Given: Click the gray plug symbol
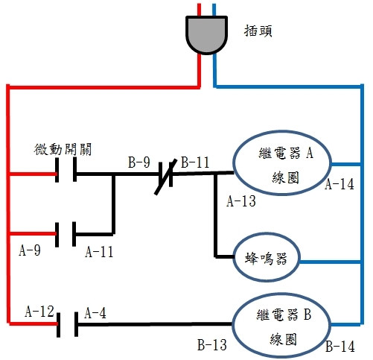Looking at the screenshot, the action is pyautogui.click(x=206, y=35).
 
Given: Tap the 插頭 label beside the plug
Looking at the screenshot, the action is pyautogui.click(x=258, y=31).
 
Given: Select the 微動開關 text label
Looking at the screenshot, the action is pyautogui.click(x=63, y=149).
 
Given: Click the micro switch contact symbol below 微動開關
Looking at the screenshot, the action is pyautogui.click(x=66, y=170).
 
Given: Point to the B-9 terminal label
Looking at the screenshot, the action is pyautogui.click(x=139, y=162).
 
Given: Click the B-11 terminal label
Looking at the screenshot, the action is pyautogui.click(x=195, y=162).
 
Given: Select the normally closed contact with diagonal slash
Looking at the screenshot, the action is pyautogui.click(x=166, y=177).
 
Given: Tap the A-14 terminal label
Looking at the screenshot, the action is pyautogui.click(x=339, y=184).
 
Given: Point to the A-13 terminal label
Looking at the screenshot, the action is pyautogui.click(x=241, y=201).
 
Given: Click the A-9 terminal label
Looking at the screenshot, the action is pyautogui.click(x=30, y=250).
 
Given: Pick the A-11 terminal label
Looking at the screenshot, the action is pyautogui.click(x=99, y=251).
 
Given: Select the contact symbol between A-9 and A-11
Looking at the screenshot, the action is pyautogui.click(x=66, y=234).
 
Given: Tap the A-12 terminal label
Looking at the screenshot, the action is pyautogui.click(x=39, y=311).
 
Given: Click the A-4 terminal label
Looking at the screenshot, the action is pyautogui.click(x=95, y=313).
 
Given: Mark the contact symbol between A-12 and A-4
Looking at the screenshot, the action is pyautogui.click(x=67, y=324).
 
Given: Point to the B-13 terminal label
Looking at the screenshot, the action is pyautogui.click(x=212, y=345).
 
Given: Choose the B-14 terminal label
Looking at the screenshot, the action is pyautogui.click(x=340, y=347).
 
